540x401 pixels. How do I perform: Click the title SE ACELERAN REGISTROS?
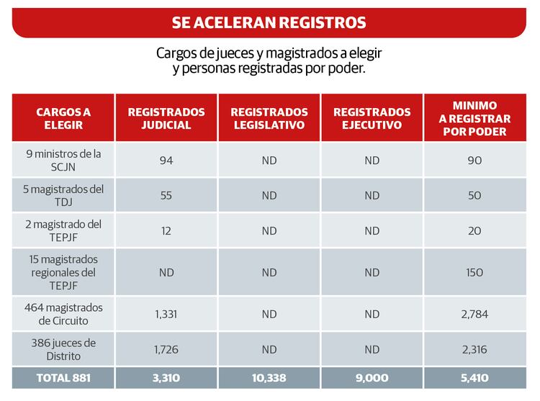[x=269, y=22]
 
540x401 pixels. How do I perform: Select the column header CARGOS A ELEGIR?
[x=63, y=118]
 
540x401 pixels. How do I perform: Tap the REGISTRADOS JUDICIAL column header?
[x=166, y=118]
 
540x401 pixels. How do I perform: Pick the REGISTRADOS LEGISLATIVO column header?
[x=269, y=118]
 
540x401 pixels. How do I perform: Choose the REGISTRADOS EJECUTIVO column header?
[x=372, y=118]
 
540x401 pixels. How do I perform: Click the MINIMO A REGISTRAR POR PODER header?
[x=475, y=118]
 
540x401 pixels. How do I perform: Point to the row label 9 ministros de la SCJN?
[x=63, y=161]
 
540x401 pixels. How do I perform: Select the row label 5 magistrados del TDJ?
[x=63, y=196]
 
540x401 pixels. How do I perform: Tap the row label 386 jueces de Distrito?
[x=63, y=349]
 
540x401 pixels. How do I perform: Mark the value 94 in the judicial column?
[x=166, y=161]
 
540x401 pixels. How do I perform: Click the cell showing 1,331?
[x=166, y=314]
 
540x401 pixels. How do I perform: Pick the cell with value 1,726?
[x=166, y=349]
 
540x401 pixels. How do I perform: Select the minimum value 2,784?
[x=475, y=314]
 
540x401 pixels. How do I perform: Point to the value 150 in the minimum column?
[x=475, y=273]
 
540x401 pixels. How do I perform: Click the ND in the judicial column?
[x=166, y=273]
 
